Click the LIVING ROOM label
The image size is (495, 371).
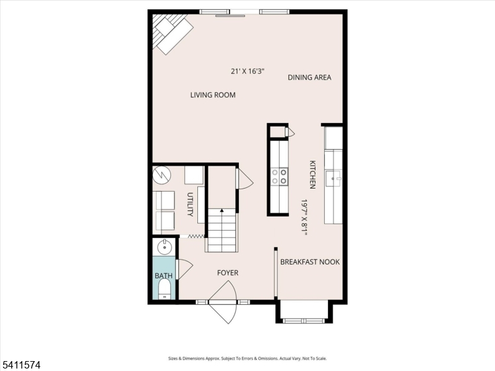pos(213,95)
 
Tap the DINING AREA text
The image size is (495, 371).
pos(309,77)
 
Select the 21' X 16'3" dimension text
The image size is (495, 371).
pos(247,71)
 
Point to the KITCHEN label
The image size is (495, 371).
pos(313,175)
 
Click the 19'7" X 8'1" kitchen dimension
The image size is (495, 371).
pos(304,217)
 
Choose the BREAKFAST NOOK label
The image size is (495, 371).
pos(310,262)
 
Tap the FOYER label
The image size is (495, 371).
pos(227,273)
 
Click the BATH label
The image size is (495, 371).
pos(164,276)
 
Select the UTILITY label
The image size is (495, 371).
pos(191,205)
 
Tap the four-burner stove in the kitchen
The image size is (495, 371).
pos(279,176)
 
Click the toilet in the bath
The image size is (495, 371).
pos(165,289)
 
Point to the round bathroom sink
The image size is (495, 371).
pos(165,247)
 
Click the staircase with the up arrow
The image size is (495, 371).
pos(222,229)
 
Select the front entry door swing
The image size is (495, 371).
pos(224,302)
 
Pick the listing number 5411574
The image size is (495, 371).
pos(21,365)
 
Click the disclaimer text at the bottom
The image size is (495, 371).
pos(247,359)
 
